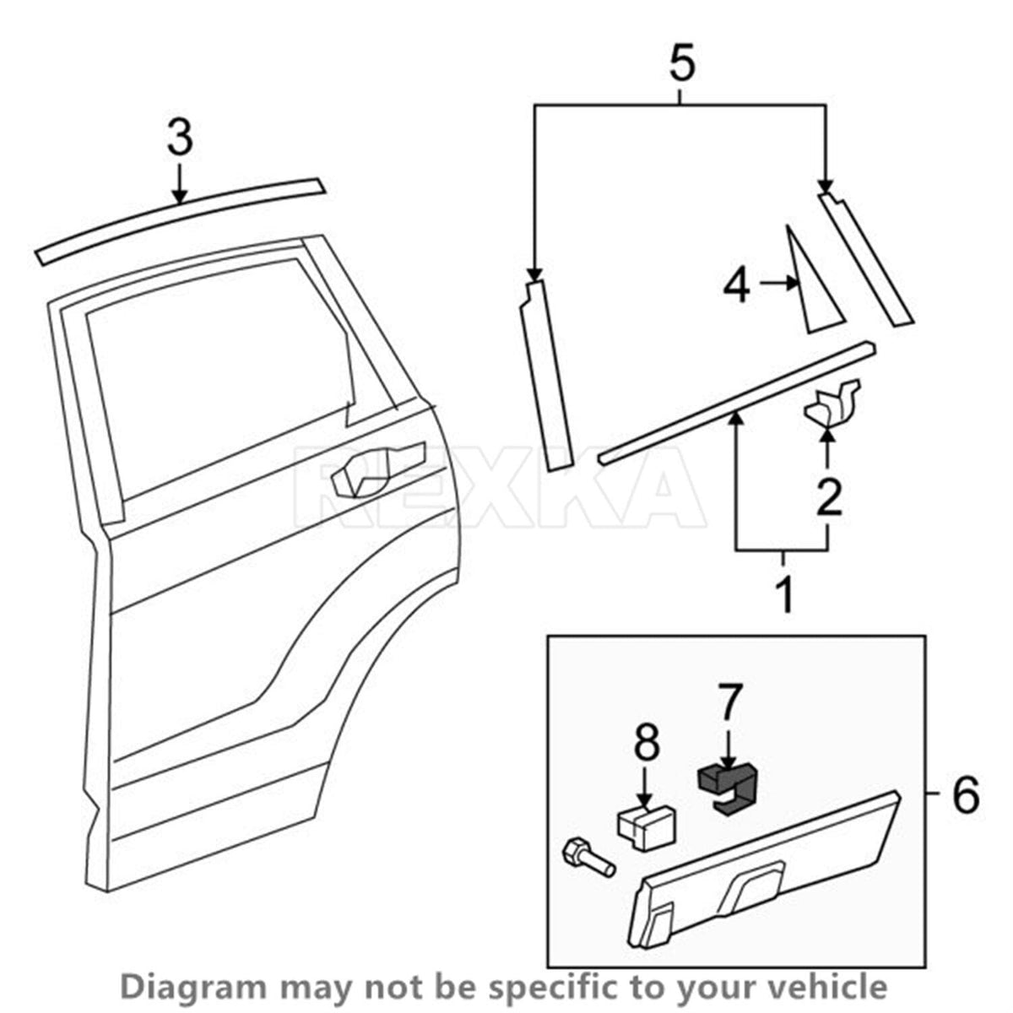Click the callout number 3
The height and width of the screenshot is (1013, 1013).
tap(179, 138)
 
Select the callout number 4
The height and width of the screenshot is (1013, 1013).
tap(736, 284)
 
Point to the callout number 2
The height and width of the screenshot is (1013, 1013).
tap(828, 496)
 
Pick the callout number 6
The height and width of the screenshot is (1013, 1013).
tap(965, 794)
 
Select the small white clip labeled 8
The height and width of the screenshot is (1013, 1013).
tap(646, 829)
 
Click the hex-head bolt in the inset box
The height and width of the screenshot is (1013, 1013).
tap(587, 859)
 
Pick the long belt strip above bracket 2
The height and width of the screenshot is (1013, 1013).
tap(736, 403)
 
